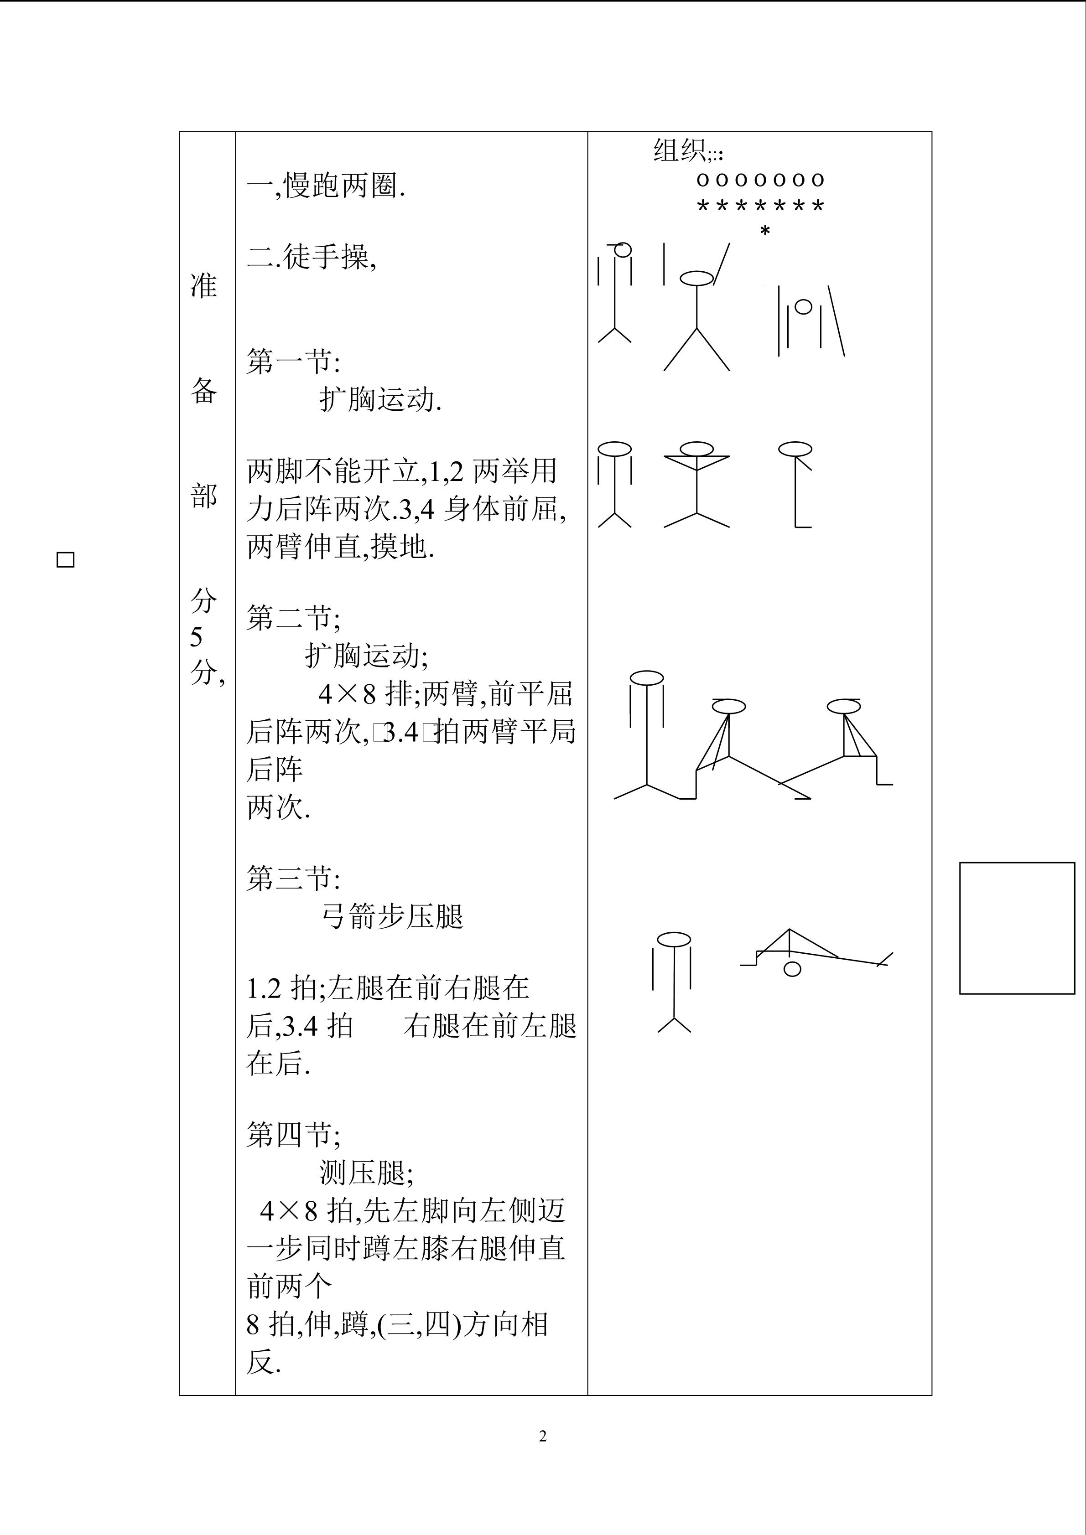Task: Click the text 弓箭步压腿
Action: coord(393,917)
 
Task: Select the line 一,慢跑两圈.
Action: coord(326,186)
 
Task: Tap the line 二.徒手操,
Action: coord(312,256)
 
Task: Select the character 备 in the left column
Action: coord(203,390)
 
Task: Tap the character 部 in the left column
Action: coord(203,496)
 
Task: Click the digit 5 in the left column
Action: coord(196,637)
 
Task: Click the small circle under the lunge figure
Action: coord(792,969)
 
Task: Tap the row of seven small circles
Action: coord(760,180)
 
